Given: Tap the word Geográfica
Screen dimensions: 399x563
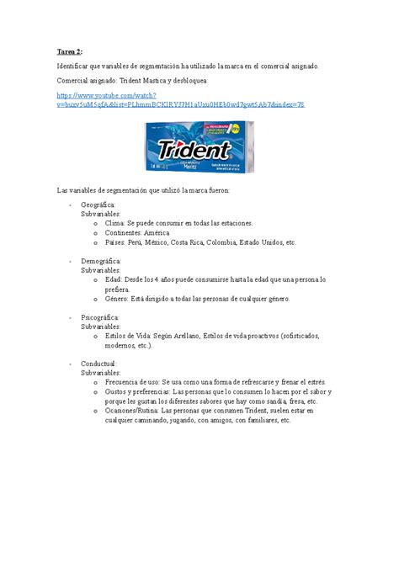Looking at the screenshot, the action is coord(98,204).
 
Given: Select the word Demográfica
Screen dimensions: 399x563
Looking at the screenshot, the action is coord(102,261).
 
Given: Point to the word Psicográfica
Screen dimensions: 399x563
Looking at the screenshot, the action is coord(100,317).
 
